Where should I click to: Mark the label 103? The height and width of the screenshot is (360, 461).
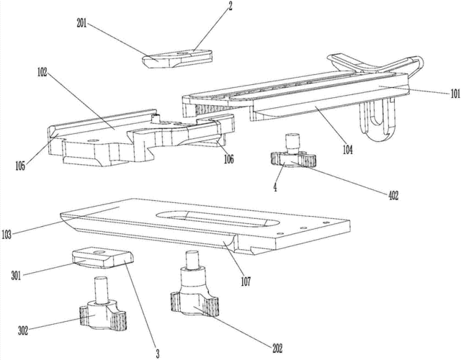coord(11,234)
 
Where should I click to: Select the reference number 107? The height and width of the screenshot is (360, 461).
coord(246,283)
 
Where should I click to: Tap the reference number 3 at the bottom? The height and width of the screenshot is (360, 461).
coord(157,353)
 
